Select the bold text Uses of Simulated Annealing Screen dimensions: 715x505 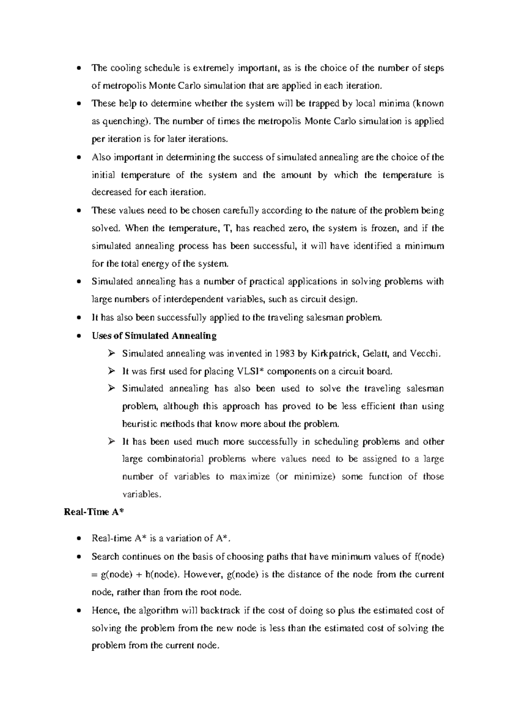click(x=154, y=336)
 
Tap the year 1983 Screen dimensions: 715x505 click(x=284, y=354)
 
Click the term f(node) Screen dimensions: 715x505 click(x=429, y=557)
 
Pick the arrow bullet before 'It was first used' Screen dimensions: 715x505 click(x=111, y=371)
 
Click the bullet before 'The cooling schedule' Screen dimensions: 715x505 click(x=79, y=69)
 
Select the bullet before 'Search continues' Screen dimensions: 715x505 click(x=79, y=557)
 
